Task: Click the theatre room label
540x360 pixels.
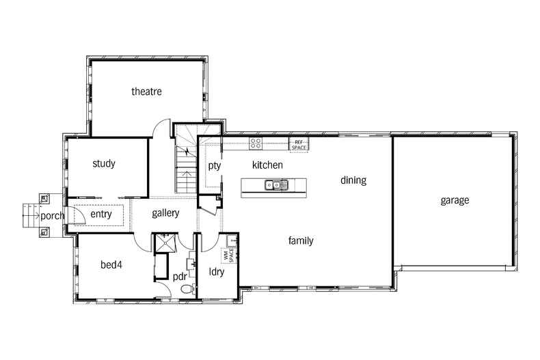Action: coord(146,92)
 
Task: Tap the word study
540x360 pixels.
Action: coord(104,164)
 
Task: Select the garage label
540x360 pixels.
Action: coord(455,200)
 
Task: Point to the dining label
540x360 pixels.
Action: coord(353,180)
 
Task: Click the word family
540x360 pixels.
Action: coord(301,240)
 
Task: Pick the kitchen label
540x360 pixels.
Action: coord(267,165)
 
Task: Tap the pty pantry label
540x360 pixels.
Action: coord(214,165)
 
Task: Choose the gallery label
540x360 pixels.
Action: coord(165,213)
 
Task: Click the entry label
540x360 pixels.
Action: coord(100,214)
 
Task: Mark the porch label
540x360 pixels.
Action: coord(52,216)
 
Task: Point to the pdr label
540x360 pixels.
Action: coord(180,277)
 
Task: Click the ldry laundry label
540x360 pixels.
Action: coord(217,271)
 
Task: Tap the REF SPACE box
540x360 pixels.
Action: coord(299,144)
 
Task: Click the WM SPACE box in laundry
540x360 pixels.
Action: coord(230,255)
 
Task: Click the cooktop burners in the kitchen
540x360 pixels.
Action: coord(256,143)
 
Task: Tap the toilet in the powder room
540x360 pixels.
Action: coord(185,290)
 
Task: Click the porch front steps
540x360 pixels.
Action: coord(29,216)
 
